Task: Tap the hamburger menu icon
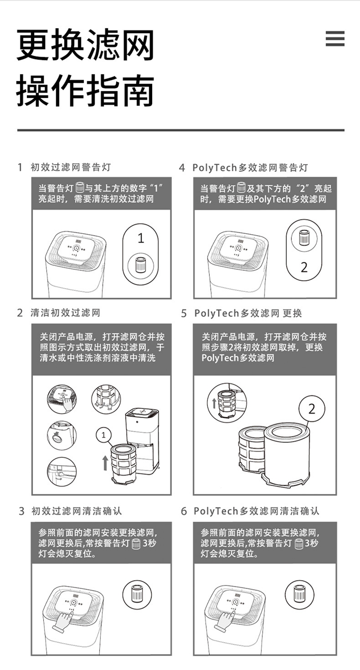tap(335, 38)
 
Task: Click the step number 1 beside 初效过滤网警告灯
tap(20, 167)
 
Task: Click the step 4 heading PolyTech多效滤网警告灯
tap(250, 167)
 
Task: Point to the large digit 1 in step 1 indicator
tap(141, 238)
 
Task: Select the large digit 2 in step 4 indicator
tap(304, 267)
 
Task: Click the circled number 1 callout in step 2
tap(104, 435)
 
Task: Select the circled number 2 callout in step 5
tap(312, 408)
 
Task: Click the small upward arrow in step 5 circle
tap(214, 403)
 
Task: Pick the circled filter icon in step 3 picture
tap(137, 593)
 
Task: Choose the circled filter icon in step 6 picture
tap(300, 593)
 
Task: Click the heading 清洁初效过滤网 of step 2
tap(65, 313)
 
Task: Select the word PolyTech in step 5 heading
tap(216, 313)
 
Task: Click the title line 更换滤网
tap(85, 45)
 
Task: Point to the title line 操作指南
tap(85, 91)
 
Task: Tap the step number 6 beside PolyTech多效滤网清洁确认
tap(184, 511)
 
